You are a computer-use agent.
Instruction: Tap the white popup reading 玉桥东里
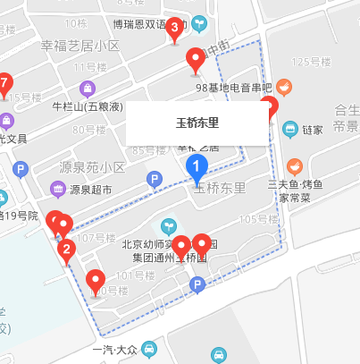197,123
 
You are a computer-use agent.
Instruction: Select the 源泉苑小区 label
92,167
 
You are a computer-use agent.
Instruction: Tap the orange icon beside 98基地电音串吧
284,88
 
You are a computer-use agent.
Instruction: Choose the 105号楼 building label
259,219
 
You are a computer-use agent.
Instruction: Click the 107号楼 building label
97,238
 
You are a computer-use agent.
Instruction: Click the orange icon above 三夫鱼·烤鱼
293,167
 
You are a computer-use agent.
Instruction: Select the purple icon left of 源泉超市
58,189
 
